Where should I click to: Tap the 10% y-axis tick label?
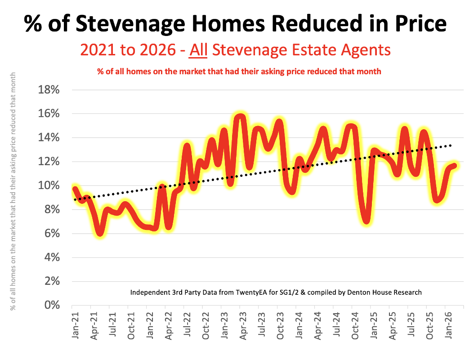coord(47,185)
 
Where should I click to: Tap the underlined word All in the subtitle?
coord(198,50)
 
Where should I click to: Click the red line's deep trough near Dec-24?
coord(367,220)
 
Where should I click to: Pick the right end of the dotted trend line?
coord(451,145)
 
